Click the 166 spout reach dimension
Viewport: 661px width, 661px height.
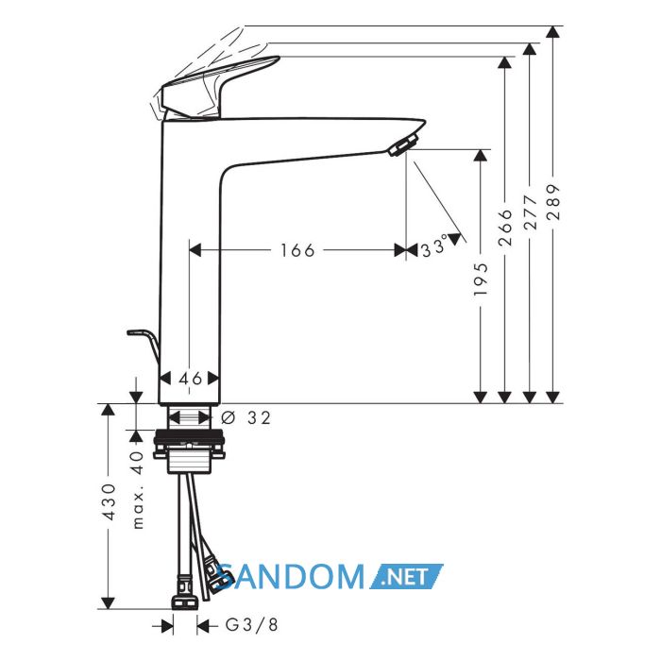(x=297, y=250)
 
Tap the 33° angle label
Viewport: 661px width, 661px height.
(x=434, y=246)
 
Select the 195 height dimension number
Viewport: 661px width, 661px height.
(x=481, y=280)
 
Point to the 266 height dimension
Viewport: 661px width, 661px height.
(x=505, y=228)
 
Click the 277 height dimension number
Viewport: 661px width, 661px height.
(x=530, y=212)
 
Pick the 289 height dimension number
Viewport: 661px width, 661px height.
(x=553, y=201)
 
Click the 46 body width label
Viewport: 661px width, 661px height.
(x=191, y=379)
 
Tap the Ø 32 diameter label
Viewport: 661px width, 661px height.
(x=246, y=417)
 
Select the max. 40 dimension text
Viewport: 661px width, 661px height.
(x=138, y=489)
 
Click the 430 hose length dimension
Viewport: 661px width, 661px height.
(x=109, y=501)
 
